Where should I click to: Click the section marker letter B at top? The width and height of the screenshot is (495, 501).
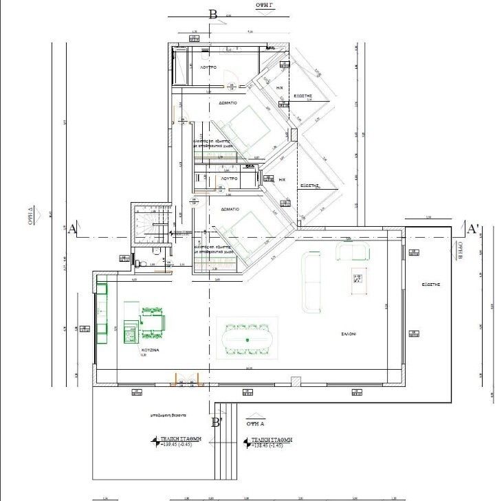(x=213, y=14)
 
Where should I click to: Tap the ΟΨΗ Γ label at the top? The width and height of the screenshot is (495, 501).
(x=265, y=4)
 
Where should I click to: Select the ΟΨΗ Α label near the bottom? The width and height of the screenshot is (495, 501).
(x=256, y=414)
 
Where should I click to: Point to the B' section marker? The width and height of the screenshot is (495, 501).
(x=217, y=422)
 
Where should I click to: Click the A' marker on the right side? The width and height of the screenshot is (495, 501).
(x=472, y=228)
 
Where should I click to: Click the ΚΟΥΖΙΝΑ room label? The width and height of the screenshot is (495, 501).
(x=150, y=350)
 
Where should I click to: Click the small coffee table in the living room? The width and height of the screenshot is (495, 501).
(x=357, y=279)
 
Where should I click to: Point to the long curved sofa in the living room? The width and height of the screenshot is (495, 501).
(x=311, y=282)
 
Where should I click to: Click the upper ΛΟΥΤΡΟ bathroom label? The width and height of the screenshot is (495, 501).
(x=208, y=68)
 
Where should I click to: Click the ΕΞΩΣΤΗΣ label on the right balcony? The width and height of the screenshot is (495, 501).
(x=431, y=284)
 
